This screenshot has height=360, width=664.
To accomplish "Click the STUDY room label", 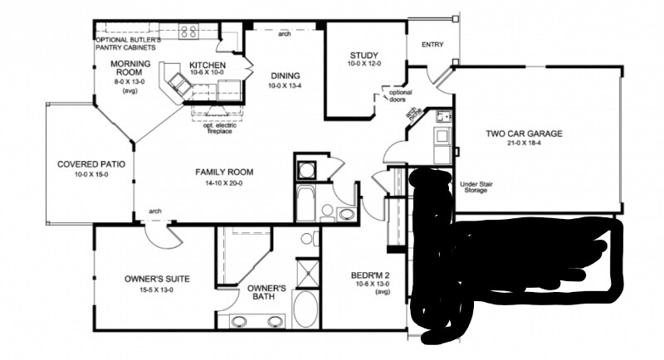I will [x=364, y=56].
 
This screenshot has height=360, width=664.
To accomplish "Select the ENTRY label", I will [x=432, y=45].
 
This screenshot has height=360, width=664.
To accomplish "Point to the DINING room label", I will [x=285, y=75].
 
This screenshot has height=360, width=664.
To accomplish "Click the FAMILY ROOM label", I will [x=224, y=173].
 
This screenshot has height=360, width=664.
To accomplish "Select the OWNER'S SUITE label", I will [x=149, y=279].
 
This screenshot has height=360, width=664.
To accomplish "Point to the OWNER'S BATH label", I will [x=266, y=293].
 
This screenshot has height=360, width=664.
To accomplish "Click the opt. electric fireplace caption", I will [x=221, y=129].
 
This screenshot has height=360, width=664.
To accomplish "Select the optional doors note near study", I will [x=402, y=95].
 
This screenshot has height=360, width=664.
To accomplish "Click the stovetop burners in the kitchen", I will [x=188, y=33].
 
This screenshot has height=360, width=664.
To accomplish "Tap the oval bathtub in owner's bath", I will [x=305, y=309].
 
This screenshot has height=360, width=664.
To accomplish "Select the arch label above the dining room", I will [x=285, y=34].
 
